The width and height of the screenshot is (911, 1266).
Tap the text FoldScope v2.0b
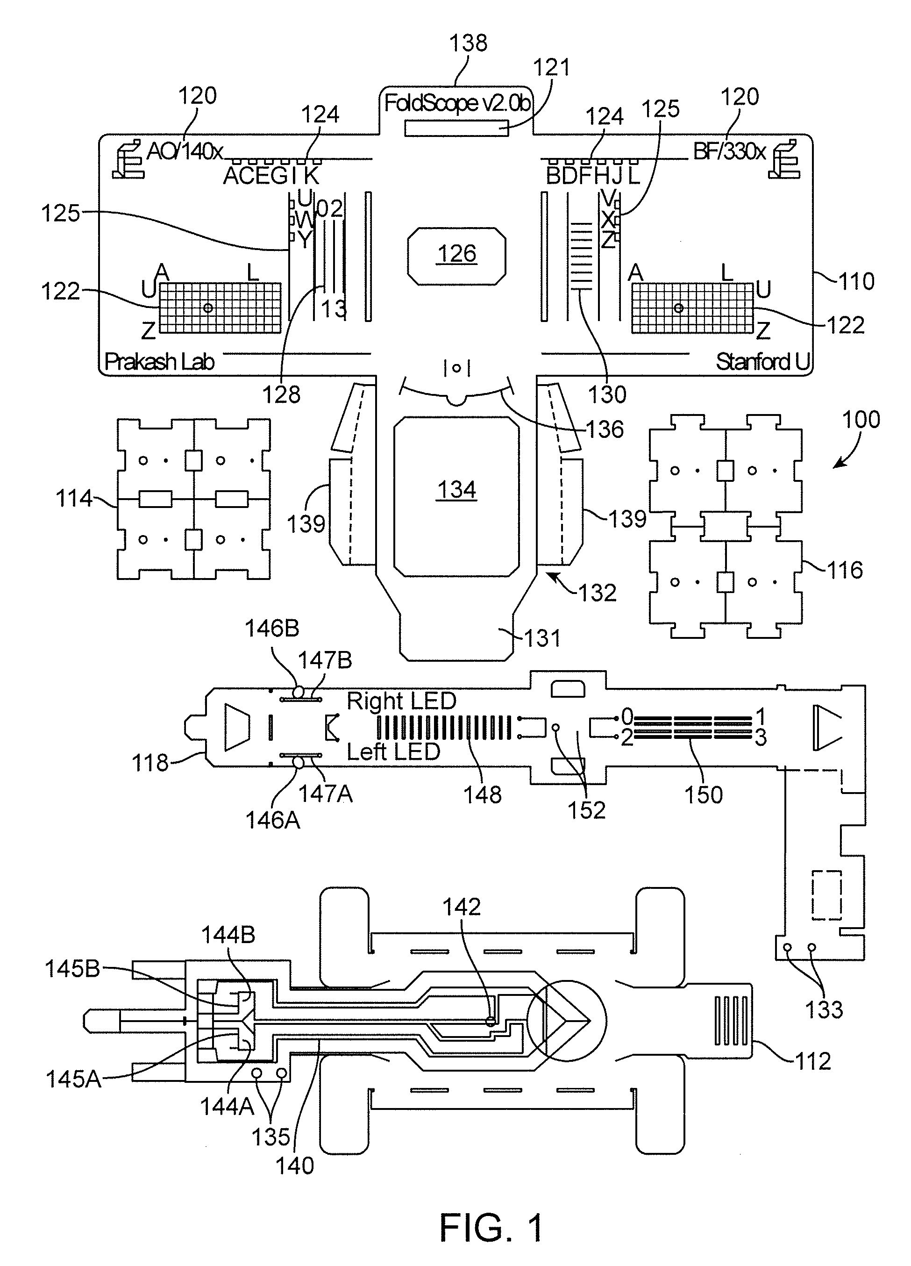coord(457,103)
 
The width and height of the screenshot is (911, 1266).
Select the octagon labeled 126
coord(457,256)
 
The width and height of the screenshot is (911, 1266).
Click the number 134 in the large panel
coord(457,490)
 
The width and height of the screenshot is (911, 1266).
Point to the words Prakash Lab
coord(160,362)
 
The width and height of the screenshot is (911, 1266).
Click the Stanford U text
coord(762,362)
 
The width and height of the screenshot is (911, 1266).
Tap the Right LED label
coord(402,701)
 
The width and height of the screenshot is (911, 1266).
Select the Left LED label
coord(394,751)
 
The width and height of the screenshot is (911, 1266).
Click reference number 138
coord(469,43)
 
